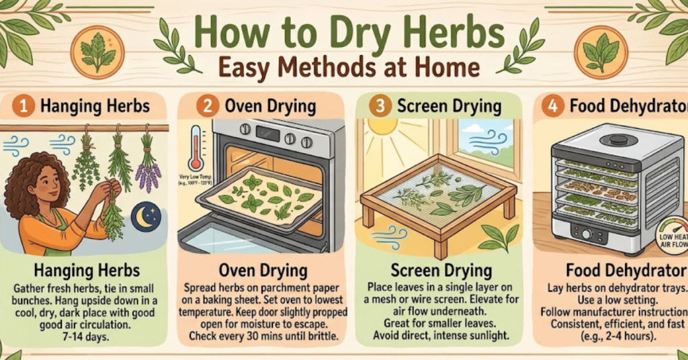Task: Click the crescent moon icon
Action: coord(146,218)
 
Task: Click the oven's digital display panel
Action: coord(267,133)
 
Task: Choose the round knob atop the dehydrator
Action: coord(609,140)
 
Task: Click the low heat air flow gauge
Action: coord(672,237)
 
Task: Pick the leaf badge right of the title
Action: coord(600,52)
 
